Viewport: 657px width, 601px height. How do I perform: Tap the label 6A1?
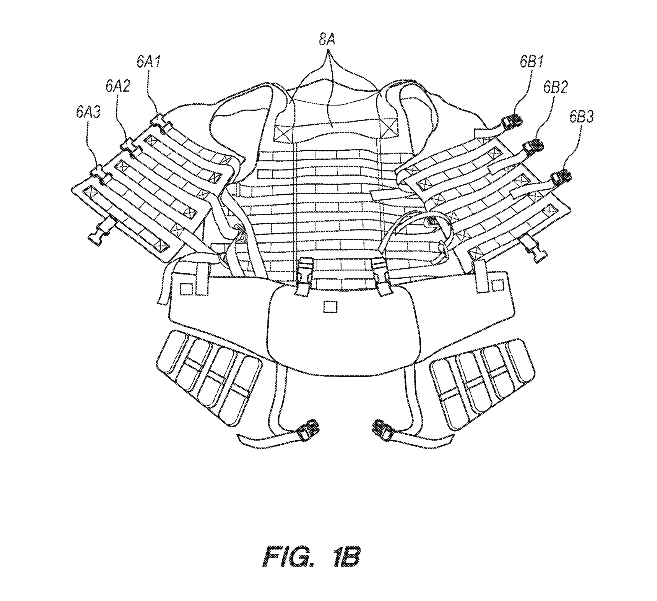149,62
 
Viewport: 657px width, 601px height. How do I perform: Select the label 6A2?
118,86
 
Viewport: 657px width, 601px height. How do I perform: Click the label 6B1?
532,62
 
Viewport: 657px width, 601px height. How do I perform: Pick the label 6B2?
556,87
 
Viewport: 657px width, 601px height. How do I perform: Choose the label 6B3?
582,117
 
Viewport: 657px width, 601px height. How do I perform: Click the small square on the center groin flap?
330,307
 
